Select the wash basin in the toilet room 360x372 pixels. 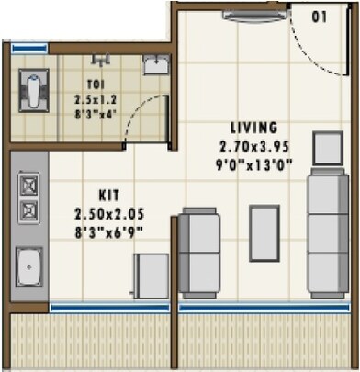tap(156, 65)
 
